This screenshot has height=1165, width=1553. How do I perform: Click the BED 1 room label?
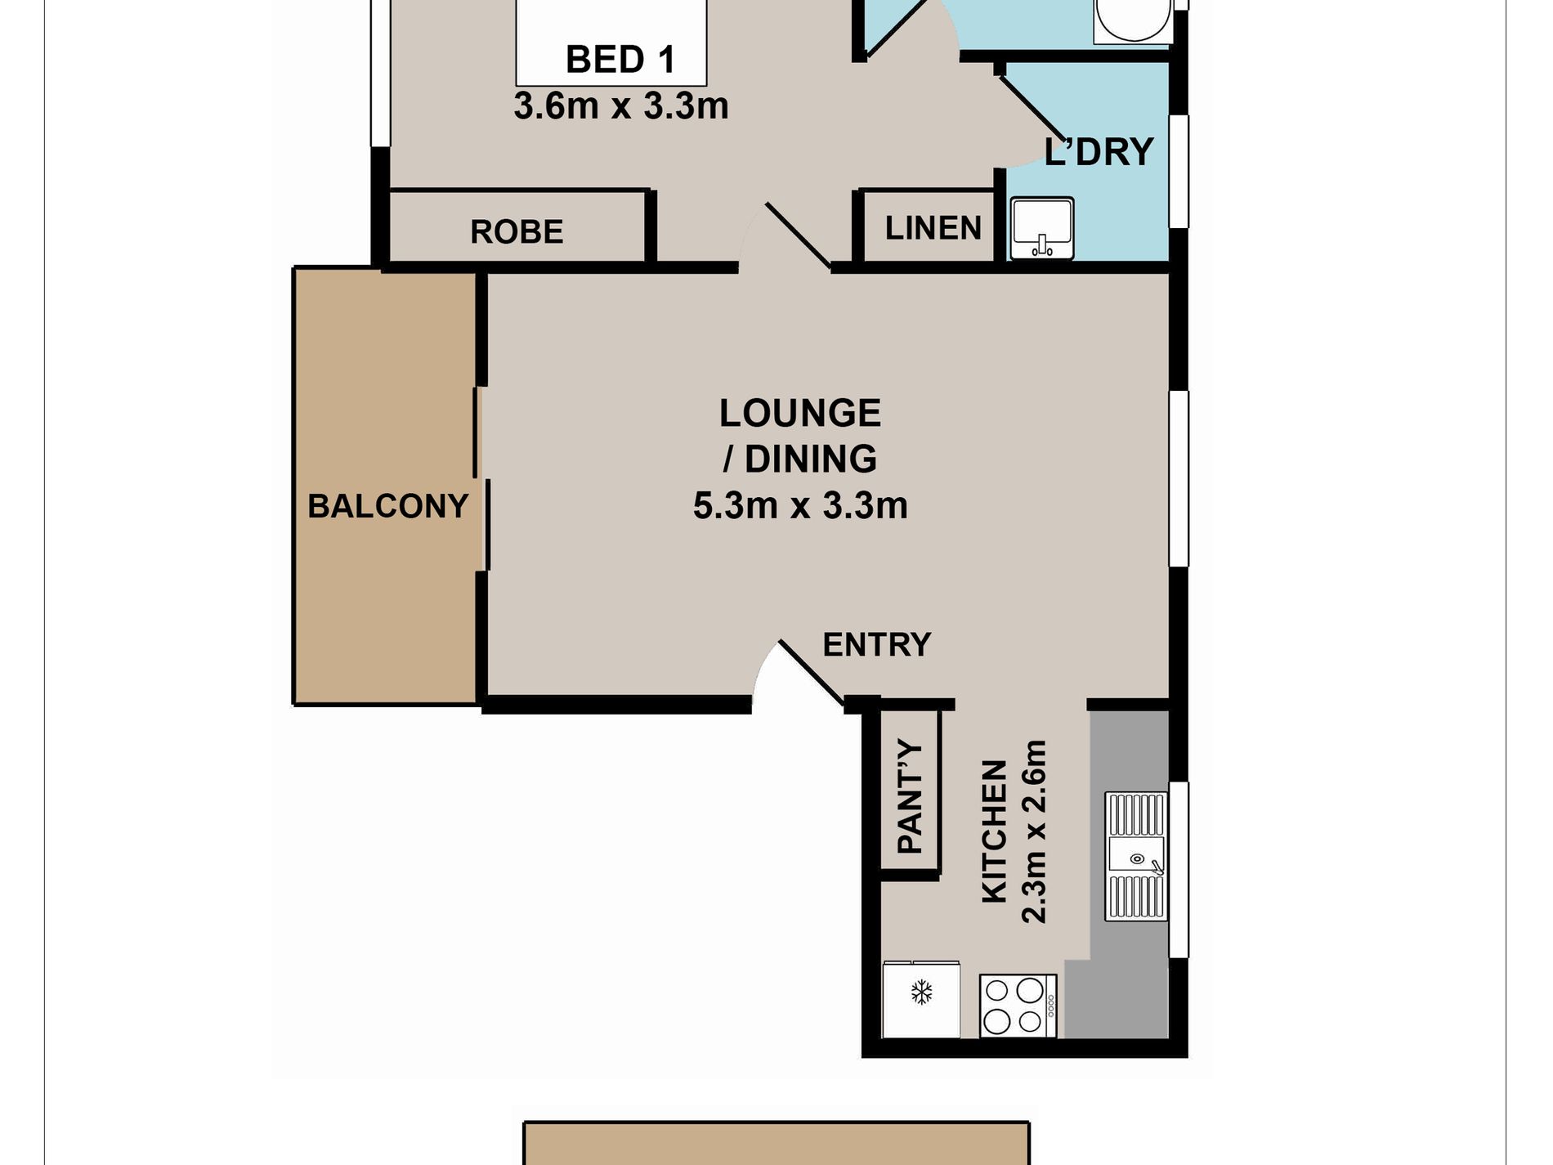coord(620,60)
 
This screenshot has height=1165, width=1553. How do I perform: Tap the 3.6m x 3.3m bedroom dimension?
coord(621,106)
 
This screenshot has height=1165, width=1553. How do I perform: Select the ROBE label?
coord(517,232)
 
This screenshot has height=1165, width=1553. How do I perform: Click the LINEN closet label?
coord(933,228)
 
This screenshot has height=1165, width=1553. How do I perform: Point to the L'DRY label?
coord(1099,152)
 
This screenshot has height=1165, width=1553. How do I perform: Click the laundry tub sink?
coord(1041,228)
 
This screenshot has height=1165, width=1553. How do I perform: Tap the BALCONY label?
coord(388,506)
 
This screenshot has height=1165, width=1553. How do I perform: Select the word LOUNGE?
coord(800,413)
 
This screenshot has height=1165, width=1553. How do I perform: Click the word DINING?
coord(811,459)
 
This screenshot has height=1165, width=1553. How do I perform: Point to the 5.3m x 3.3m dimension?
coord(800,505)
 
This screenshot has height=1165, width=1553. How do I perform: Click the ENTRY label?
coord(877,645)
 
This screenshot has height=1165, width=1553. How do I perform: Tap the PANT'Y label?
coord(911,797)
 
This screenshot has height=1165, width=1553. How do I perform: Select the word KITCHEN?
coord(994,831)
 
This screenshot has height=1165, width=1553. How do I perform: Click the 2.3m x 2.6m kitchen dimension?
coord(1035,831)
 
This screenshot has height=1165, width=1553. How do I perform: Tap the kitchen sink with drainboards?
coord(1136,857)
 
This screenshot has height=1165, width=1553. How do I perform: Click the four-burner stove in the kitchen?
coord(1018,1006)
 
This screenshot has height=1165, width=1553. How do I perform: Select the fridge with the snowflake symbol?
coord(921,1000)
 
